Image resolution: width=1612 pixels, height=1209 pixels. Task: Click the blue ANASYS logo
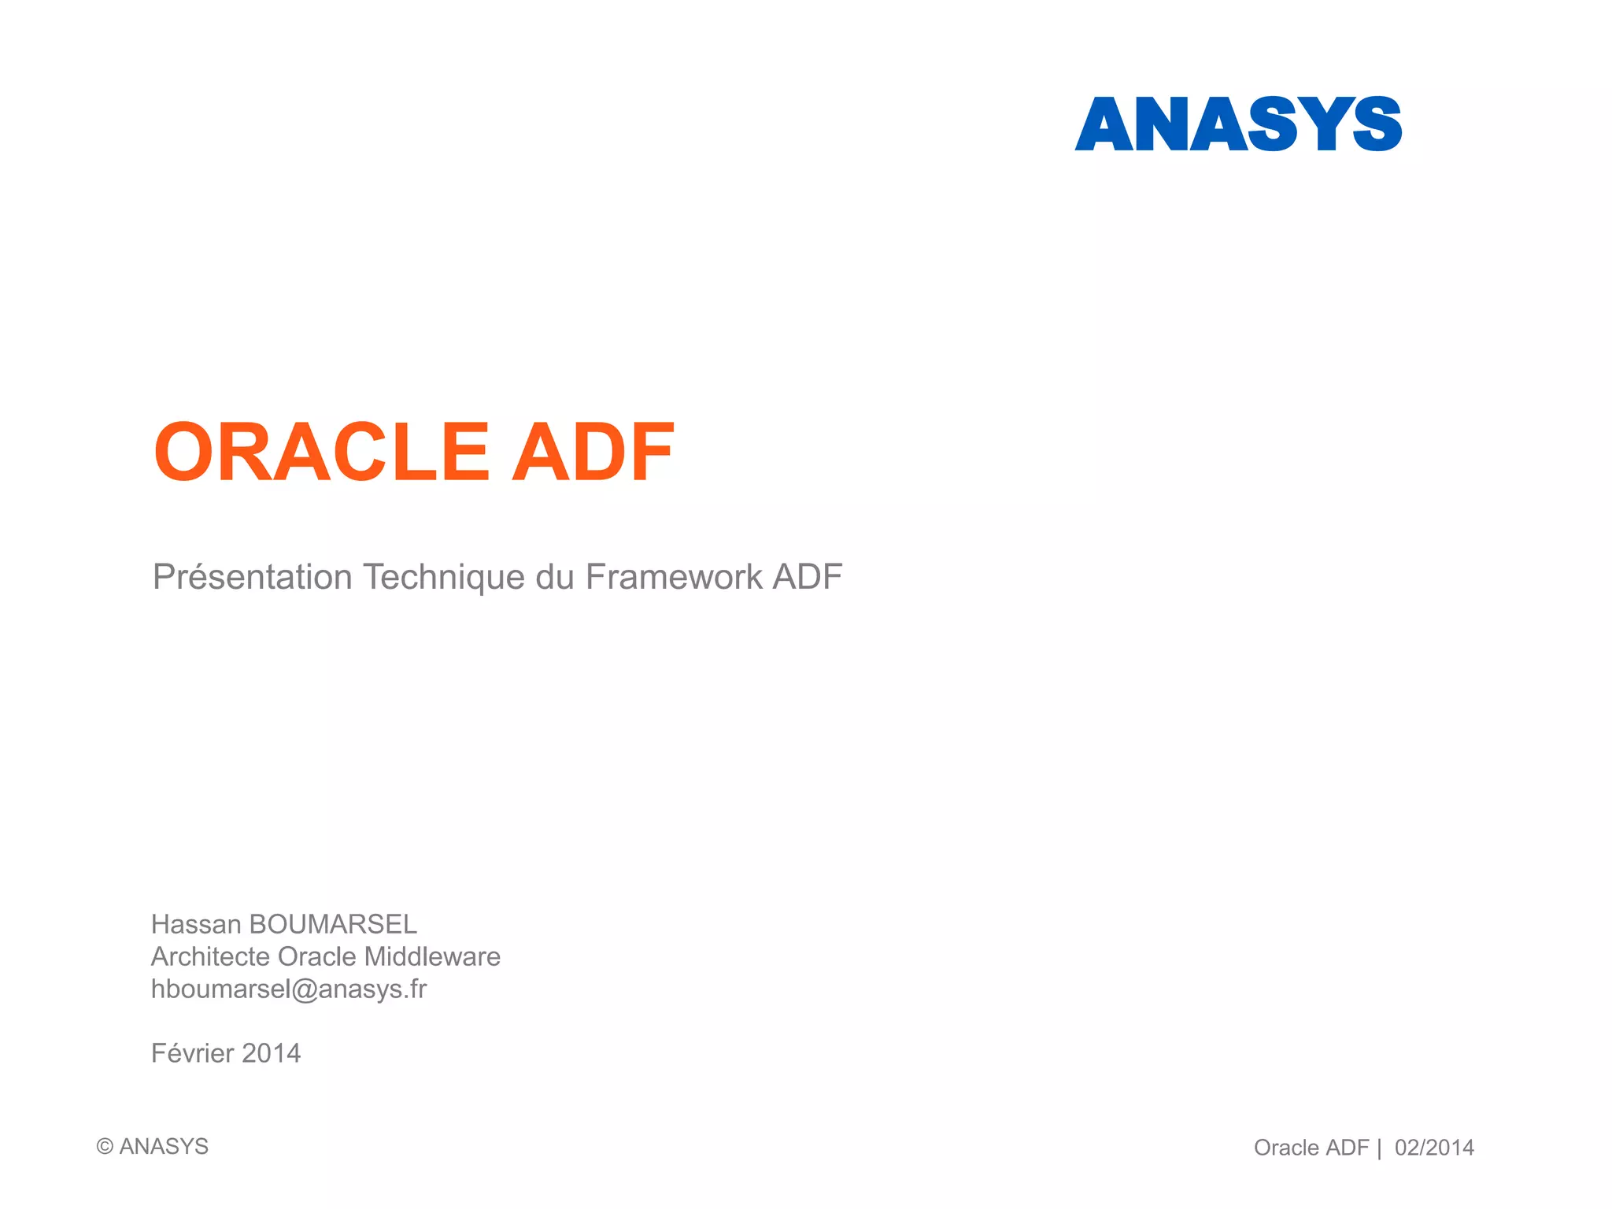click(x=1238, y=124)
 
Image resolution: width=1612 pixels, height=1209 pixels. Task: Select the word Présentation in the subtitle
click(x=252, y=577)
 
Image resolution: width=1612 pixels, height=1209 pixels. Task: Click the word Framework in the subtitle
click(x=674, y=577)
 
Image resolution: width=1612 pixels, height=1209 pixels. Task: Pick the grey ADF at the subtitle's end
click(x=808, y=577)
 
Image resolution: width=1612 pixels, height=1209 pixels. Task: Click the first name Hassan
click(x=195, y=924)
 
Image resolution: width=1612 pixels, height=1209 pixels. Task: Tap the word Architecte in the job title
click(x=210, y=956)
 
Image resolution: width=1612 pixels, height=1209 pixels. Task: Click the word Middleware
click(x=432, y=956)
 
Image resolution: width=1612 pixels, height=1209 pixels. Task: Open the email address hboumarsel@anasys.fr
click(x=289, y=989)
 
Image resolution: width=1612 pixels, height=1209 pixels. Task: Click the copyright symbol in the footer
click(x=105, y=1147)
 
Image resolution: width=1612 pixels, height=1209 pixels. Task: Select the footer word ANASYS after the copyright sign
click(x=164, y=1147)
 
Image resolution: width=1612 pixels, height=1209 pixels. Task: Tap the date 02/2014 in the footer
click(x=1434, y=1148)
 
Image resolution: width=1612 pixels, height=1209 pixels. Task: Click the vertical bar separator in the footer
click(x=1379, y=1148)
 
